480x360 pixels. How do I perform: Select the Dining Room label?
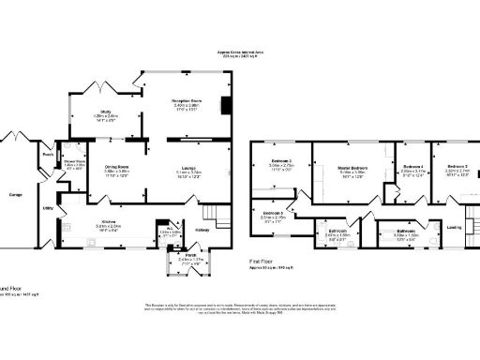click(x=116, y=168)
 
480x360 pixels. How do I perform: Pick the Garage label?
click(x=16, y=194)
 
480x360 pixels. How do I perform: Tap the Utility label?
click(x=47, y=207)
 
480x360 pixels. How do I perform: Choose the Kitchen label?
click(x=108, y=222)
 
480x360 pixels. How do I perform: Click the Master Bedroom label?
click(x=352, y=168)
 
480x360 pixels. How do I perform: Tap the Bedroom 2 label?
click(x=457, y=165)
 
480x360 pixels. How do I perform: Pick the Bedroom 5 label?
click(x=273, y=215)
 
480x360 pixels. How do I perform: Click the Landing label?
click(x=454, y=226)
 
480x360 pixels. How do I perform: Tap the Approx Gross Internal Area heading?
click(x=240, y=50)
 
